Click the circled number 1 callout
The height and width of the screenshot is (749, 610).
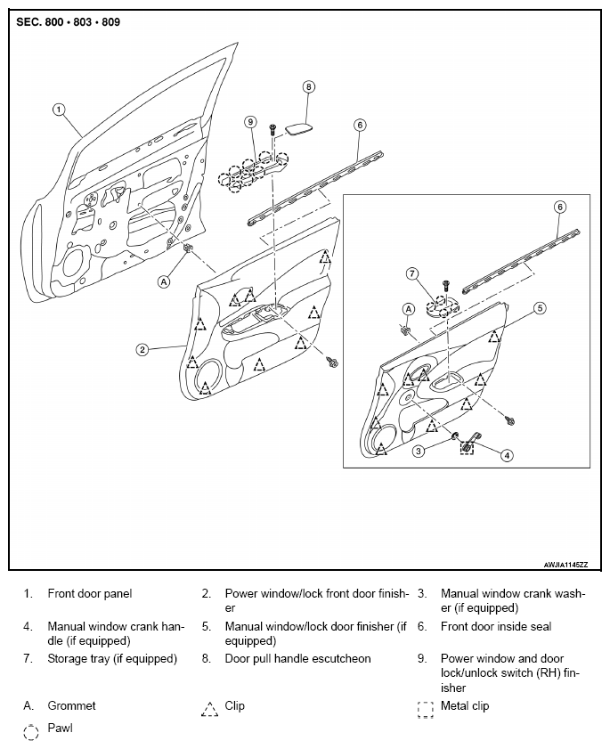(58, 110)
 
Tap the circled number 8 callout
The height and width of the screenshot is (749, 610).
(309, 87)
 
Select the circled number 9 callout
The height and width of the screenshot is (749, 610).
(251, 122)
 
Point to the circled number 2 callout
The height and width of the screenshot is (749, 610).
(142, 350)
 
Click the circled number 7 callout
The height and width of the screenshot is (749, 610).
(411, 273)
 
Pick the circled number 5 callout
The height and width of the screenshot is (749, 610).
(540, 308)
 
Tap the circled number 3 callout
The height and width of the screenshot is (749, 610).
(419, 451)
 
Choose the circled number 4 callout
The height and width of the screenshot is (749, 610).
(507, 455)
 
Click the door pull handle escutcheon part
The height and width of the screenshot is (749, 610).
(299, 129)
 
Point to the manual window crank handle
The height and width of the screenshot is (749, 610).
(470, 443)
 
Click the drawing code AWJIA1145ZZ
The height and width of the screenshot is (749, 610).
(565, 565)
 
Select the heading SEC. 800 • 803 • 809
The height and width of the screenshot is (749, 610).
(69, 22)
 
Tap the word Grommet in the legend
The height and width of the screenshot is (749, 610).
(71, 705)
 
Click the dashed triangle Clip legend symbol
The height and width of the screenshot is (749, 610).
(209, 709)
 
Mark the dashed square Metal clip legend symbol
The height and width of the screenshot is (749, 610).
(425, 710)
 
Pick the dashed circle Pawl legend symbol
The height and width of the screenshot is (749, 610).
(30, 732)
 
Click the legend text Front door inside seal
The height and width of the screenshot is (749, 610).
(496, 626)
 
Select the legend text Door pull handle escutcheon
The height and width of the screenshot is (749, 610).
(297, 659)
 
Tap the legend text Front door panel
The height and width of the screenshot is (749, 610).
(90, 594)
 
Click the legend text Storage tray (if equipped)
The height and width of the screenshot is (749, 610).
(112, 659)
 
